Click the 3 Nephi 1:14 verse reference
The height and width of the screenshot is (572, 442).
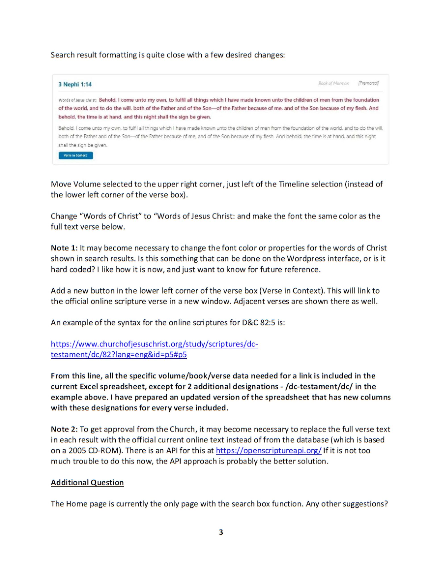click(x=75, y=84)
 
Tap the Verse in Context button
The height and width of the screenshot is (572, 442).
click(x=76, y=155)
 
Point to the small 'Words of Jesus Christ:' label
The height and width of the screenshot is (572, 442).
click(x=78, y=100)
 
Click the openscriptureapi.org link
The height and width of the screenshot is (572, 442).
click(x=269, y=450)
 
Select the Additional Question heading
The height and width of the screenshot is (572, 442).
click(x=87, y=482)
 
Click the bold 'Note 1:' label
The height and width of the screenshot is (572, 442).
click(x=64, y=248)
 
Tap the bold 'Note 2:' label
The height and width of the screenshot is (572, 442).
click(x=64, y=429)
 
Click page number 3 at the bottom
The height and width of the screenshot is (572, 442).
click(x=221, y=532)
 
